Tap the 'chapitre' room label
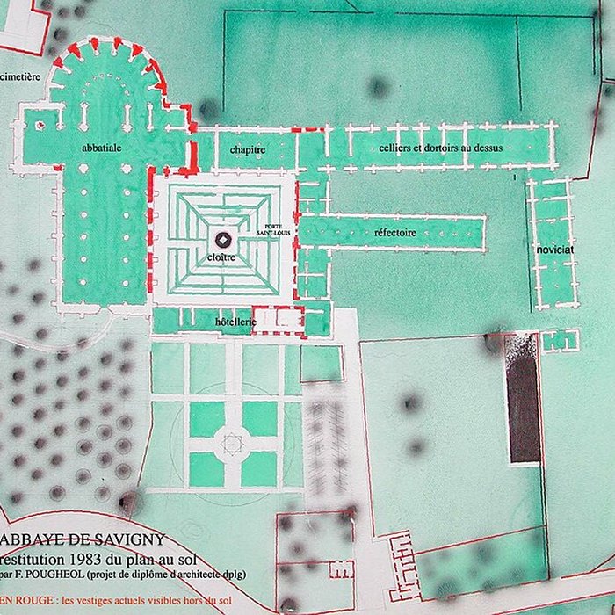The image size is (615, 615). (x=248, y=149)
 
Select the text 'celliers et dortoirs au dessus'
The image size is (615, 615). (x=441, y=148)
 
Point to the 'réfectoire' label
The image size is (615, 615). (x=395, y=233)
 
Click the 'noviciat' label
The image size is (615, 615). (x=555, y=250)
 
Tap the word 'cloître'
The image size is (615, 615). (x=222, y=257)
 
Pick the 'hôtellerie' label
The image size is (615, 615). (x=235, y=322)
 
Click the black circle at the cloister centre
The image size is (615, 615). (x=223, y=239)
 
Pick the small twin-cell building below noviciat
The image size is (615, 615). (x=561, y=340)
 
